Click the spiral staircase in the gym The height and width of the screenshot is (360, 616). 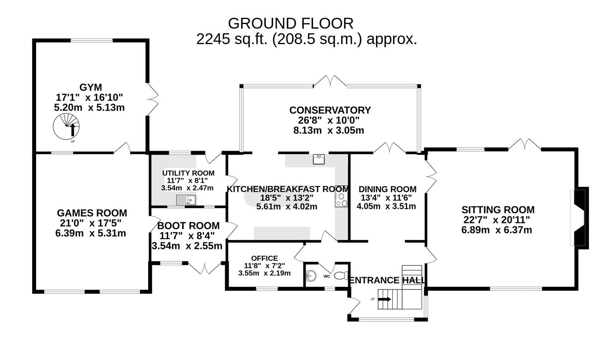point(66,127)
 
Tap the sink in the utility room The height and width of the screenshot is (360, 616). point(186,200)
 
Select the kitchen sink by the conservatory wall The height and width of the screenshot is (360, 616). point(319,159)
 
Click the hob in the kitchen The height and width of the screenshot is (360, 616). point(341,200)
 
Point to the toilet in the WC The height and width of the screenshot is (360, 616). point(341,275)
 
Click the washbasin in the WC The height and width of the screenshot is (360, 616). point(311,276)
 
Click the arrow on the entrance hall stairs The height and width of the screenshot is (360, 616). point(385,299)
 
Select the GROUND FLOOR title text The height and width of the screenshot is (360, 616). point(291,23)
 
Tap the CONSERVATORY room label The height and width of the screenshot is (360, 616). point(330,110)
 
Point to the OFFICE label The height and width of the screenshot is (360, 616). point(265,258)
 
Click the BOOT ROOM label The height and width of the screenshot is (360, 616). point(188,226)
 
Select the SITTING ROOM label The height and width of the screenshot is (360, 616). point(498,210)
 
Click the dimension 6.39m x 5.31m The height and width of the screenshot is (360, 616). point(91,233)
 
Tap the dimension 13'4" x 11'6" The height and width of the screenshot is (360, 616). point(386,198)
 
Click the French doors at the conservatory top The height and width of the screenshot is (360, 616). point(330,81)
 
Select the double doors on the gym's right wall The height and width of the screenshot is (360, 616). point(152,99)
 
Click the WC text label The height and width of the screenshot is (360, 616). point(327,276)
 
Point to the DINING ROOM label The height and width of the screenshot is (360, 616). point(387,189)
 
